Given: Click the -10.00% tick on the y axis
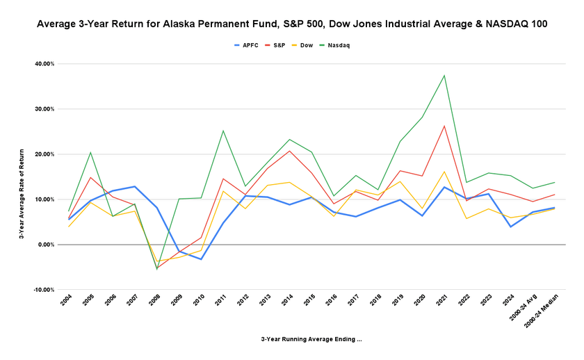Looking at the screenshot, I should tap(44, 290).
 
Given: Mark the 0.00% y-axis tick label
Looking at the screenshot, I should tap(46, 245).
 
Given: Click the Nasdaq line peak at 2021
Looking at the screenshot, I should tap(444, 75).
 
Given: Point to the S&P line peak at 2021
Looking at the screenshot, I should tap(444, 126).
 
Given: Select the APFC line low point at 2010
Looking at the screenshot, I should tap(200, 259).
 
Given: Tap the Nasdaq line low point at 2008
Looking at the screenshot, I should tap(156, 269).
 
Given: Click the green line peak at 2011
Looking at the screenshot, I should tap(223, 131).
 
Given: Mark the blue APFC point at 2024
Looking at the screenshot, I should tap(511, 227).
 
